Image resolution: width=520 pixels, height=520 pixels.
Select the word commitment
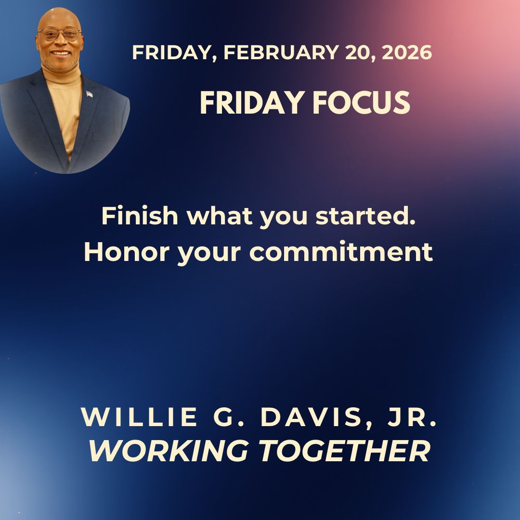(x=341, y=252)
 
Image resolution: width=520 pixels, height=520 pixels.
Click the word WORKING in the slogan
(x=169, y=451)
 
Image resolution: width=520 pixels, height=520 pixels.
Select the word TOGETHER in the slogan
(x=344, y=451)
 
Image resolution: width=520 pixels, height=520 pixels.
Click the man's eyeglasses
(x=60, y=34)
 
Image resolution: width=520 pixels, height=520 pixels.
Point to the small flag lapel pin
(x=90, y=94)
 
